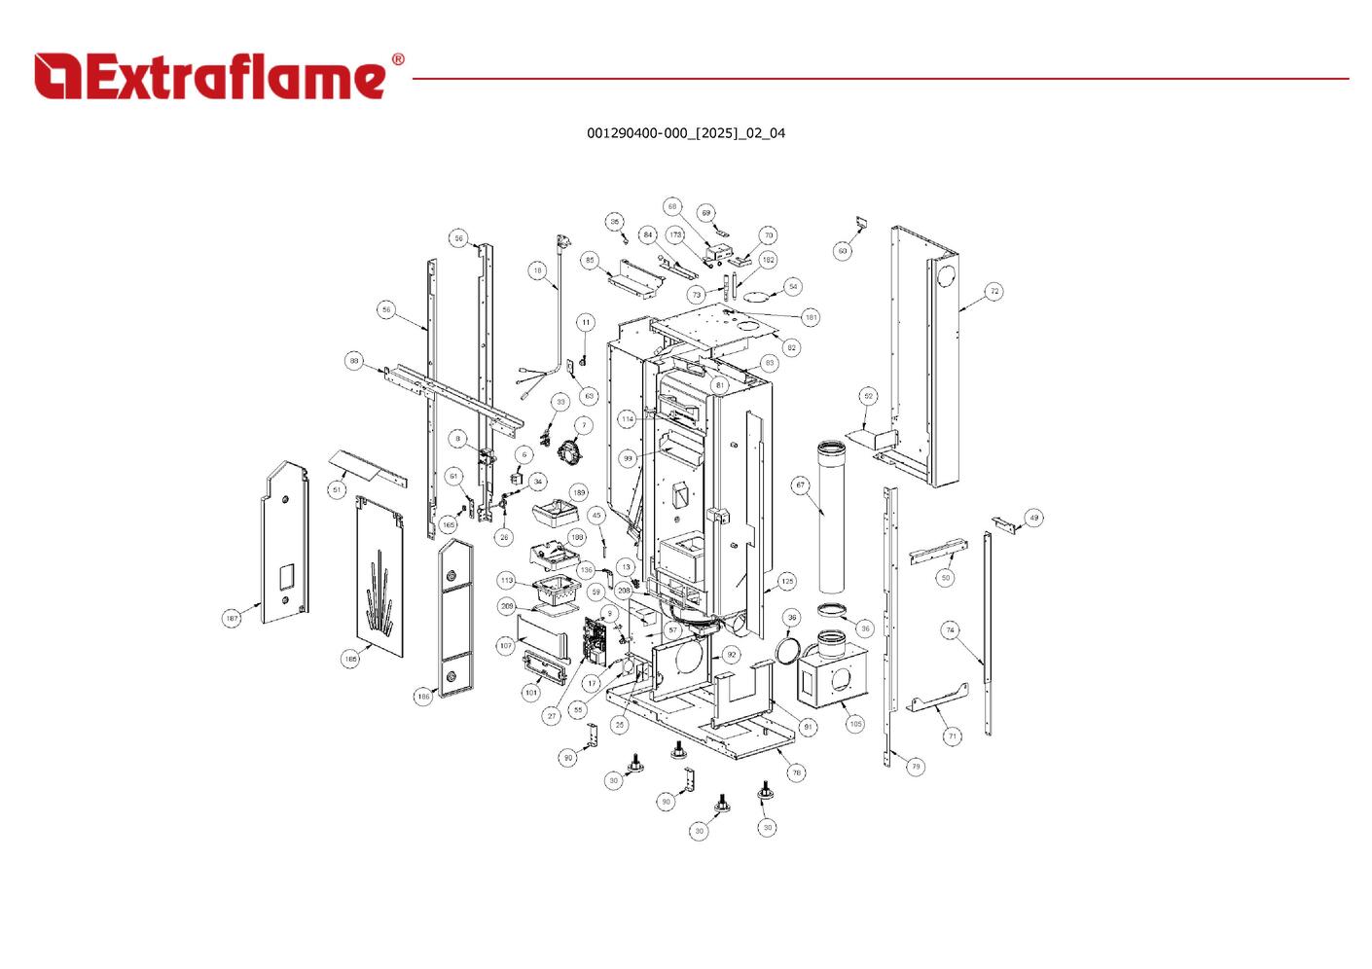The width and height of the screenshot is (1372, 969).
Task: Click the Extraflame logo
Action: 209,77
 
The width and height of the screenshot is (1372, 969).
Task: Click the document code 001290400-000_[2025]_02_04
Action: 685,133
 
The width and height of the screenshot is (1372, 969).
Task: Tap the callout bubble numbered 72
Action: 993,291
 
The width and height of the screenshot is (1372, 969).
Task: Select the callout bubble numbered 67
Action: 801,484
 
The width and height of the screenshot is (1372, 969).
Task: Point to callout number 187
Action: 232,618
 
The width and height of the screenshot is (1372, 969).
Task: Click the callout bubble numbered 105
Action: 854,724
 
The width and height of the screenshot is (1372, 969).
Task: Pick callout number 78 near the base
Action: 796,772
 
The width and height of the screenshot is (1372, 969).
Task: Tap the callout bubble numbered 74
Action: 950,630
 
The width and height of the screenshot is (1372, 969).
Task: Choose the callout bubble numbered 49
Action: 1033,518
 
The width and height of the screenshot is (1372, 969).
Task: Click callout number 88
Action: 354,361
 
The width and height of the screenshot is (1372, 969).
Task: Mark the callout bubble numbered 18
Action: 538,270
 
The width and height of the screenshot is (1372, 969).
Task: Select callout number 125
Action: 786,581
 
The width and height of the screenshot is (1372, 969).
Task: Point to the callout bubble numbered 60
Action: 843,251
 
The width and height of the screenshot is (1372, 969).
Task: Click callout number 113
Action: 506,580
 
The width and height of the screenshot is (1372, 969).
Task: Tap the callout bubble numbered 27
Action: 552,716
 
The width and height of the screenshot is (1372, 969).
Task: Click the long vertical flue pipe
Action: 833,516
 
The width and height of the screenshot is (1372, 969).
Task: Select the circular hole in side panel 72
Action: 944,275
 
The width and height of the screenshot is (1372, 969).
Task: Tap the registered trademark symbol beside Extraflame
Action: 397,60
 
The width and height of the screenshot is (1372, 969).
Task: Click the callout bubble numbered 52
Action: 868,396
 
